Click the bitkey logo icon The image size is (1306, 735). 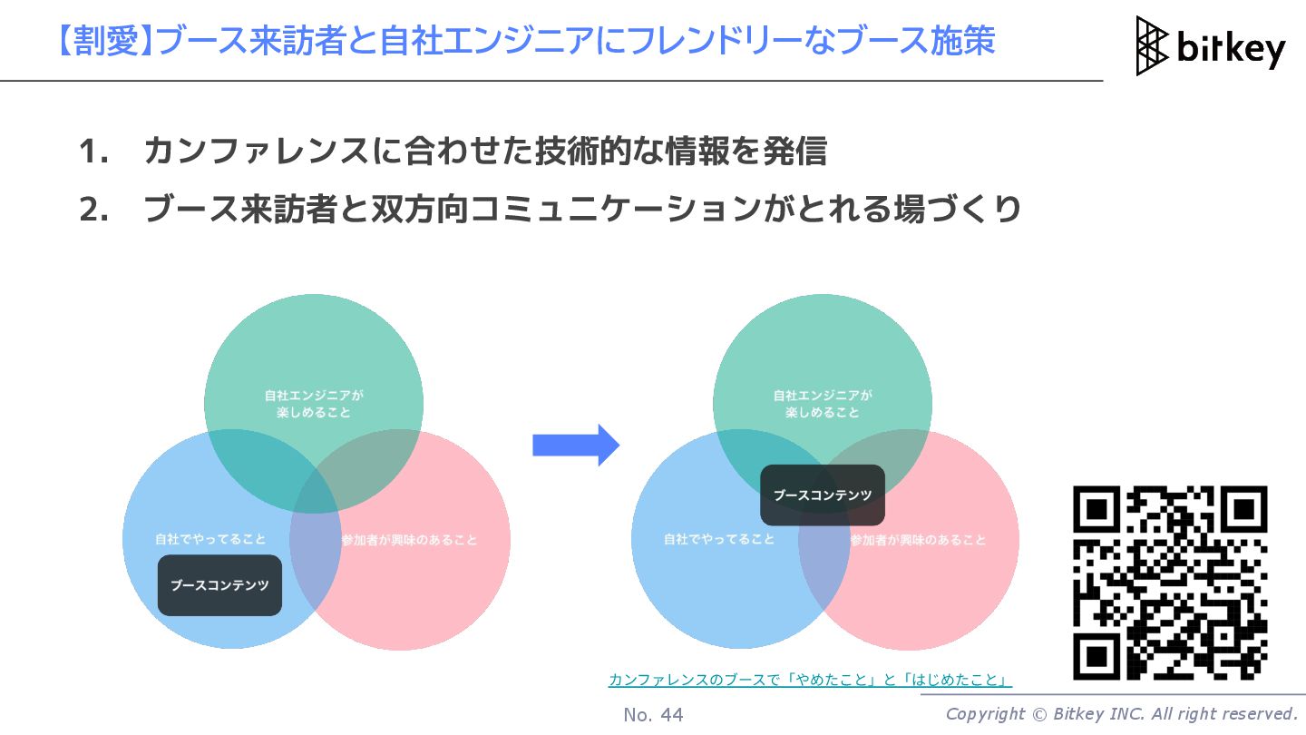1153,45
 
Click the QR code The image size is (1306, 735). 1170,583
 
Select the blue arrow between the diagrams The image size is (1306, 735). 575,445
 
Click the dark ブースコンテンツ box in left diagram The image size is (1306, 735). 219,585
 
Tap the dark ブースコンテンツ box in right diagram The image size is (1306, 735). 822,495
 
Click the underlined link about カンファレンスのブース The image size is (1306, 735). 810,680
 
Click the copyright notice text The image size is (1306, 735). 1121,714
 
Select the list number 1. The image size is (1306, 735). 93,152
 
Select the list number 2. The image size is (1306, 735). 93,210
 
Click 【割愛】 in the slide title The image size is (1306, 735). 103,42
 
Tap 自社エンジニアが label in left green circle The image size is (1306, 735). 314,396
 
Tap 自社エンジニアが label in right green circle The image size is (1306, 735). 822,396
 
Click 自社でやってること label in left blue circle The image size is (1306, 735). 210,539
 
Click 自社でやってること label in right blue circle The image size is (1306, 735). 719,539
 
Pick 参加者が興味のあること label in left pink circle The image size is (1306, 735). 409,540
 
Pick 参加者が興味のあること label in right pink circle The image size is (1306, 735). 918,540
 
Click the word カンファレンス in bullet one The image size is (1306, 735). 258,152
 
